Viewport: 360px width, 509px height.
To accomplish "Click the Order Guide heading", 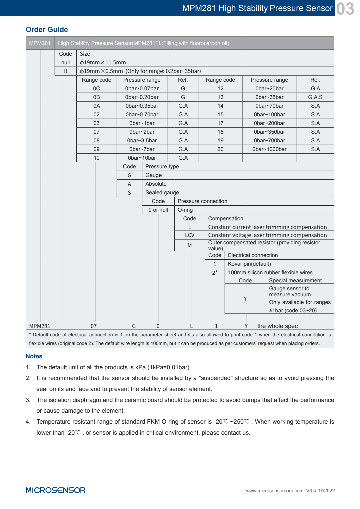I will click(x=47, y=30).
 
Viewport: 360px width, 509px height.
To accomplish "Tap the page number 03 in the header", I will click(x=345, y=9).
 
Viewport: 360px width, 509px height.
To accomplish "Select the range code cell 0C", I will click(x=96, y=89).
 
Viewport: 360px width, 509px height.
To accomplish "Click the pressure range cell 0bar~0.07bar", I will click(x=142, y=89).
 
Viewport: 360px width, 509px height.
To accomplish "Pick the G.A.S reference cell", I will click(x=315, y=97).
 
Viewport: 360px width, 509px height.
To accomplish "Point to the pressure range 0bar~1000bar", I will click(x=269, y=149).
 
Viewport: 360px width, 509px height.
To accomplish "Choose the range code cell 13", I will click(x=220, y=97).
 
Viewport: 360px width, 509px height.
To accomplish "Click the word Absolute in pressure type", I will click(x=156, y=184).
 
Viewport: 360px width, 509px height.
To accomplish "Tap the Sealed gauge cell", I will click(x=162, y=193).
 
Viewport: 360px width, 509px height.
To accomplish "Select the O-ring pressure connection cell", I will click(x=185, y=210).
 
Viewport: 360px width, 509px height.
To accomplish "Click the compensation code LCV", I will click(x=189, y=235).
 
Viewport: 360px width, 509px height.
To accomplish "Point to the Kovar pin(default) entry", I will click(x=249, y=264).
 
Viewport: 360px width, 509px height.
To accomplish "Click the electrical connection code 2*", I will click(x=215, y=273).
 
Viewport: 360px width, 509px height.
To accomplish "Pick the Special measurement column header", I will click(x=295, y=281).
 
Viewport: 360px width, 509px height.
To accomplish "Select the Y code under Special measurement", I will click(x=245, y=299).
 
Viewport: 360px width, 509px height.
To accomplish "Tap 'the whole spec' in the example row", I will click(x=277, y=326).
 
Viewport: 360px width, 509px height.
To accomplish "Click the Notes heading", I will click(x=34, y=356).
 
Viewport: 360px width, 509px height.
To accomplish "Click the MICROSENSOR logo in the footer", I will click(x=56, y=490).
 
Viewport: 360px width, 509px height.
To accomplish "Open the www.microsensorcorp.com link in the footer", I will click(x=275, y=491).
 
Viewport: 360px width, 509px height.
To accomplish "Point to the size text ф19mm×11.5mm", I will click(x=103, y=63).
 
